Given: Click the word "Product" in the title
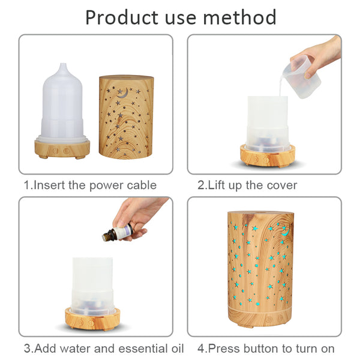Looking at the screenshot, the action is click(x=122, y=18).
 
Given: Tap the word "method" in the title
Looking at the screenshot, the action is click(x=239, y=17).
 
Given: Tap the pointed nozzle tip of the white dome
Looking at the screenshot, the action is click(x=62, y=65).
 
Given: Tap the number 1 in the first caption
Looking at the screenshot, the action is click(x=27, y=185).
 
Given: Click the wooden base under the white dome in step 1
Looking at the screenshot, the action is click(x=62, y=149).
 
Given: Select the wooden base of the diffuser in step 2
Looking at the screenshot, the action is click(x=268, y=157).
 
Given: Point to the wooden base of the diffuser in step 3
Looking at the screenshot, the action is click(x=92, y=319).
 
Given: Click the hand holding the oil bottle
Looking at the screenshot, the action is click(x=140, y=218).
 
